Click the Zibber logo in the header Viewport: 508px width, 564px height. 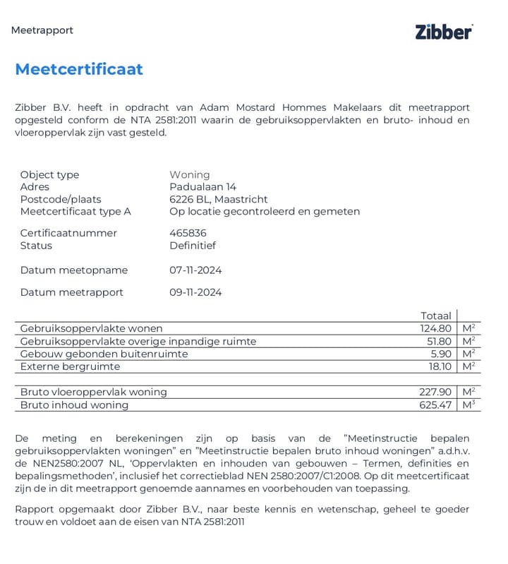point(443,31)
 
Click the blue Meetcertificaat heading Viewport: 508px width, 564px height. point(79,69)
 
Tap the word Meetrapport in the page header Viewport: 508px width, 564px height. point(42,30)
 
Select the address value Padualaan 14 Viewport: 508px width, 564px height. point(202,187)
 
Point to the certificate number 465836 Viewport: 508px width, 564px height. point(188,233)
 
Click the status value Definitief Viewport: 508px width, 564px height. point(192,246)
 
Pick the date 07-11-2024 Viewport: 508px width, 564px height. point(195,270)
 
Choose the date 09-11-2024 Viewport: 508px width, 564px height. point(195,292)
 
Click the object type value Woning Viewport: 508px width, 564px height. point(189,175)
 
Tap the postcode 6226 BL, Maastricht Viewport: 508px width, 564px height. point(219,199)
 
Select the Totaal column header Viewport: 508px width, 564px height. point(435,316)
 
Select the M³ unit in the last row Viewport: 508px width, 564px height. point(468,404)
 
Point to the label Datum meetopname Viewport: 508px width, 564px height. point(74,270)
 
